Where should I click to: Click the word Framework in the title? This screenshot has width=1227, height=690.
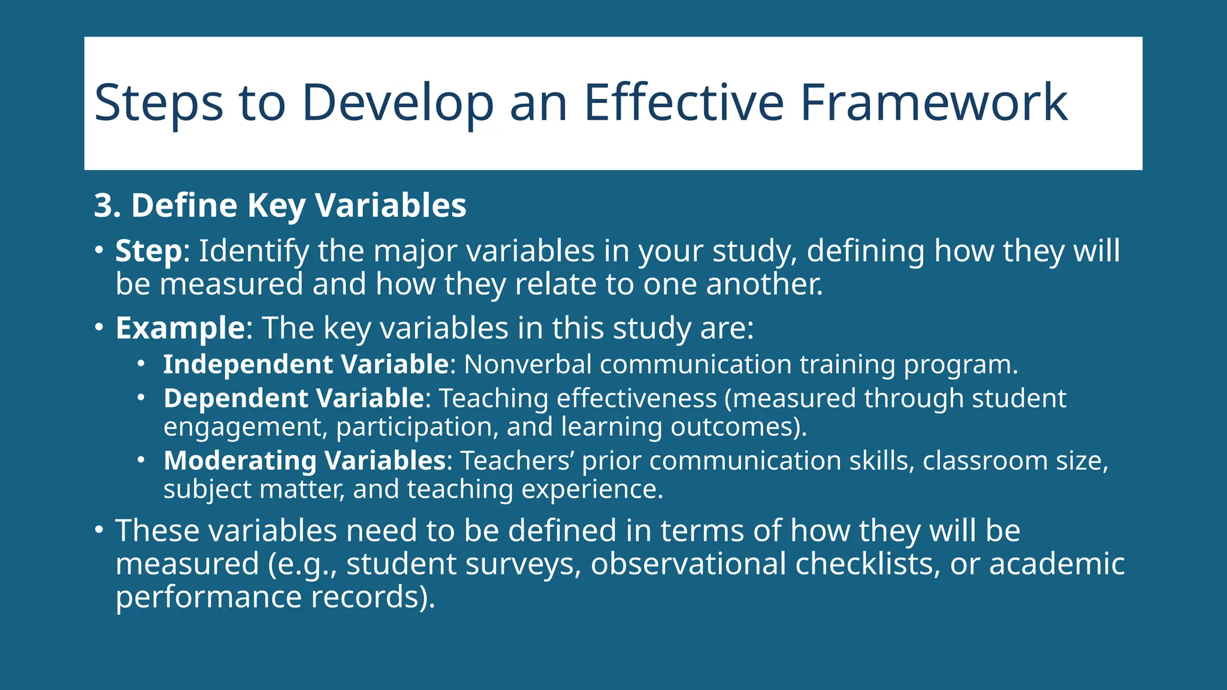click(x=933, y=102)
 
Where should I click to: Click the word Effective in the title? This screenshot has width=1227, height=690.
click(x=683, y=102)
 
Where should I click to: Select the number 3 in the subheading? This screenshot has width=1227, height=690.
click(x=103, y=205)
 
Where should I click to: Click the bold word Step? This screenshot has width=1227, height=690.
click(x=148, y=252)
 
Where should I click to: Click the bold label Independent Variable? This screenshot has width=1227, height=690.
click(x=306, y=364)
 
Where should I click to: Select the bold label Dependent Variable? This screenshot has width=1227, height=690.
click(x=294, y=398)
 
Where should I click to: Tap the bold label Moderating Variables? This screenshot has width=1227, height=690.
click(x=304, y=461)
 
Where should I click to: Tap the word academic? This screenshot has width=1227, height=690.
click(x=1057, y=564)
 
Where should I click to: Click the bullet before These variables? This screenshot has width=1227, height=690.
click(x=99, y=530)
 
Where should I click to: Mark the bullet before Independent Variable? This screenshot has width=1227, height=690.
click(x=141, y=364)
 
